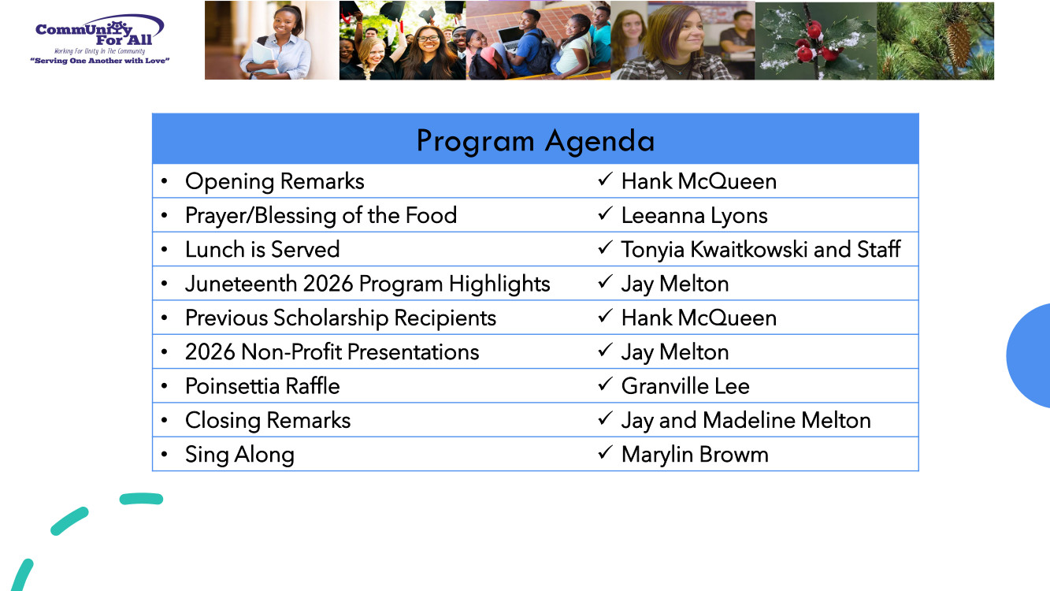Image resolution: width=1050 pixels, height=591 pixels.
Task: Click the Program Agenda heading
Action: [536, 141]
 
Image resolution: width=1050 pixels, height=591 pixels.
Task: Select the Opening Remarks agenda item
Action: [275, 181]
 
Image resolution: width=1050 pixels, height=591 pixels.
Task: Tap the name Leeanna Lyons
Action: [694, 216]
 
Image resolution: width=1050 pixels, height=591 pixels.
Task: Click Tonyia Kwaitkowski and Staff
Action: [761, 250]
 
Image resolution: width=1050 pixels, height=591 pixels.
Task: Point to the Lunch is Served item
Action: [262, 250]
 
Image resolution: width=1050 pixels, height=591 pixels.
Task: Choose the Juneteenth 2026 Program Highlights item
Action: [368, 284]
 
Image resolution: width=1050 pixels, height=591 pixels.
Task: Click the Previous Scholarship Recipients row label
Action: [341, 318]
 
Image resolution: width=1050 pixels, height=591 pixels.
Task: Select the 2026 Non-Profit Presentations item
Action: [332, 352]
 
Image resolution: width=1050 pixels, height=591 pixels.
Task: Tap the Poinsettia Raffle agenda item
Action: [262, 386]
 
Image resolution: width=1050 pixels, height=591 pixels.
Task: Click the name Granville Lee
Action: [685, 386]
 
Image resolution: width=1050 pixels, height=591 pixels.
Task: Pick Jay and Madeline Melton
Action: [746, 421]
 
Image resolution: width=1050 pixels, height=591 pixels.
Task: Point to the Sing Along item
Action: [239, 455]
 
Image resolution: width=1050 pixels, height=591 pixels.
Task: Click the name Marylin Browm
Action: [695, 455]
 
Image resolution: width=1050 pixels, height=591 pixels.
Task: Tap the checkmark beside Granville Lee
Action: [605, 385]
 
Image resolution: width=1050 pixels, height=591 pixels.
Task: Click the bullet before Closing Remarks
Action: [164, 420]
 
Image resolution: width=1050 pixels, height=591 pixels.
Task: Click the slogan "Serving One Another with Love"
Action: [100, 61]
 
